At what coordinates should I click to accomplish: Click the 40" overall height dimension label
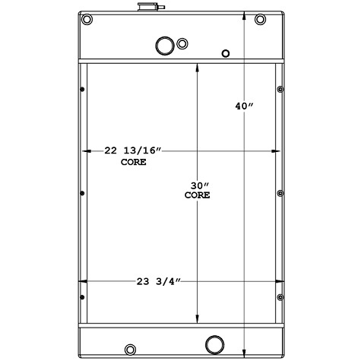pyautogui.click(x=243, y=106)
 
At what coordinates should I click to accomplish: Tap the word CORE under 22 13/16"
pyautogui.click(x=134, y=163)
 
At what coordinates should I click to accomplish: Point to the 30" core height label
pyautogui.click(x=198, y=185)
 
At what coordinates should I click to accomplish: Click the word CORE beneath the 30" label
pyautogui.click(x=198, y=195)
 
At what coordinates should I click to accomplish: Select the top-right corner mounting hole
pyautogui.click(x=261, y=19)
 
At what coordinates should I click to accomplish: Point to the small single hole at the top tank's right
pyautogui.click(x=224, y=53)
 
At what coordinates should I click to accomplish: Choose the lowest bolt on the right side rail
pyautogui.click(x=280, y=296)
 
